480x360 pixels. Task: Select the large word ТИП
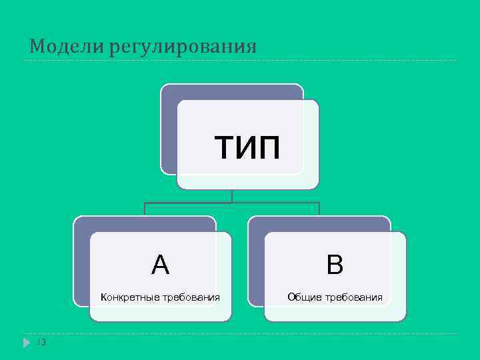[247, 147]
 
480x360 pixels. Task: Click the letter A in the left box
[160, 266]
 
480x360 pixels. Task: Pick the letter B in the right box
[335, 266]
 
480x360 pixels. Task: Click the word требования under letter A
[189, 297]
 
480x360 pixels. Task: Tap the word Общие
[305, 297]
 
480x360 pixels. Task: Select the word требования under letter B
[353, 297]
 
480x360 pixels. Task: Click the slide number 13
[41, 343]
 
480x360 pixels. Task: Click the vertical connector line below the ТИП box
[231, 195]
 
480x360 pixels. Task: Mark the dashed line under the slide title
[240, 61]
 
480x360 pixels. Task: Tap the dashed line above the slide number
[240, 333]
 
